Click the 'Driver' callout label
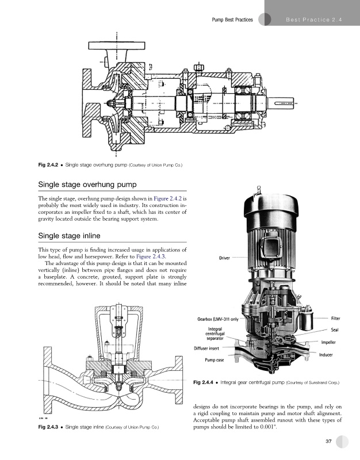point(224,258)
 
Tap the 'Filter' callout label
point(336,319)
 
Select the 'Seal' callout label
point(335,329)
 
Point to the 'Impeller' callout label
point(328,342)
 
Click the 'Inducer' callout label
point(326,355)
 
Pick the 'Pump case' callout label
point(214,360)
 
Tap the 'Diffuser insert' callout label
point(206,348)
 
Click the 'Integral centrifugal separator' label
point(215,333)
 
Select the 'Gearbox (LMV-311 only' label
point(218,319)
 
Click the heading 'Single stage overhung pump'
point(87,185)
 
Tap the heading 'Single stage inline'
point(69,236)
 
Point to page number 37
point(328,441)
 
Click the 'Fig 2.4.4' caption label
point(203,382)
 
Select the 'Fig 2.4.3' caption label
point(48,427)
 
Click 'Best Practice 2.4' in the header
point(314,20)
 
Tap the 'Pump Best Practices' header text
point(232,20)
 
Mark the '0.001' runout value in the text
point(268,427)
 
